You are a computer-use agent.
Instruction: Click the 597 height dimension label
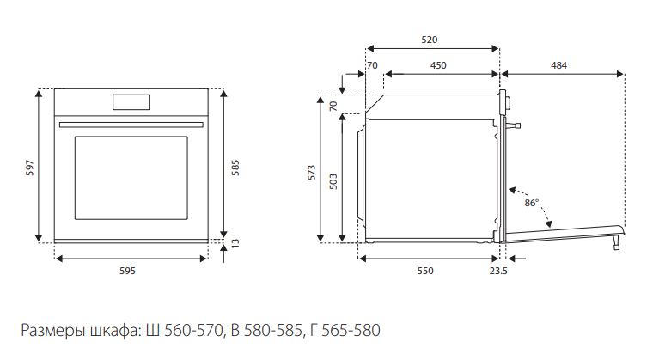(30, 168)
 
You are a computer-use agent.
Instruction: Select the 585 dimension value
(235, 168)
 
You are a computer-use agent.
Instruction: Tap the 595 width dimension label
(127, 271)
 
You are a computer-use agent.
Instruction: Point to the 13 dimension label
(235, 243)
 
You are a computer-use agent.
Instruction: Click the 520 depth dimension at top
(430, 40)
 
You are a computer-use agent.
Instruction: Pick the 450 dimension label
(438, 65)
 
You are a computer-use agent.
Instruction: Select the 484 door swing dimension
(558, 65)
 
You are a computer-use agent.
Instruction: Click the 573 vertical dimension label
(312, 173)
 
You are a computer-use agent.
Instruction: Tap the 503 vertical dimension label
(333, 181)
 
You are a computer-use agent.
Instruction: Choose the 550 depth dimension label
(425, 271)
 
